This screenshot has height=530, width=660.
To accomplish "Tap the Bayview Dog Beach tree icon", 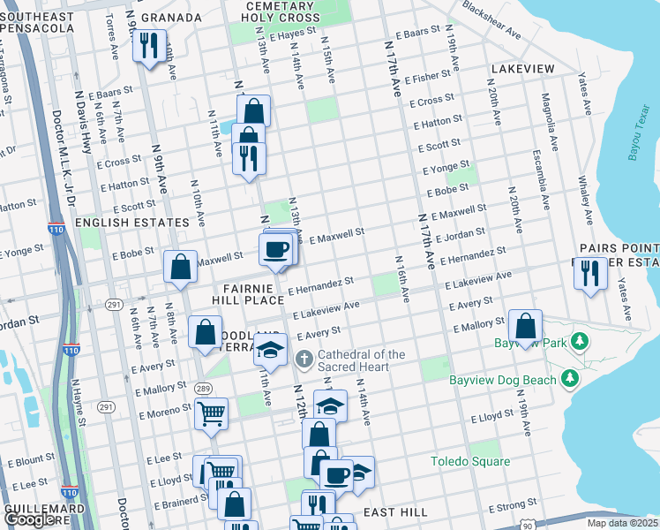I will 570,379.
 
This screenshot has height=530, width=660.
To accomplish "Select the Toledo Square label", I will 470,461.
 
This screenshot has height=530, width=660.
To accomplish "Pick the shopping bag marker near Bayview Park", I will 525,326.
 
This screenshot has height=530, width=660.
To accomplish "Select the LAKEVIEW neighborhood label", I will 523,68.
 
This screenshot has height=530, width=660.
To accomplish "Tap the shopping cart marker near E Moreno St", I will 212,413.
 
